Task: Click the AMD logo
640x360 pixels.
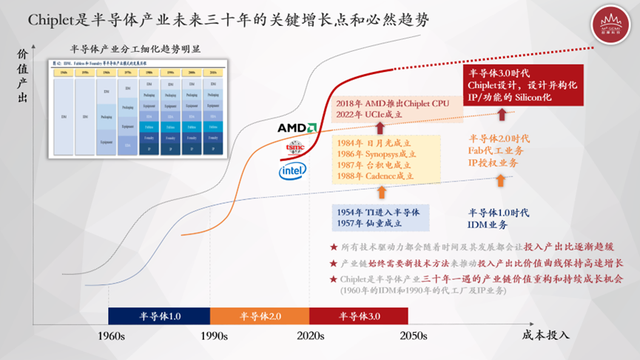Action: coord(297,128)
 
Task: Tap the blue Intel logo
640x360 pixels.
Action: coord(291,172)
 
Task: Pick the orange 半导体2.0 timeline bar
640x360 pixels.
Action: coord(259,317)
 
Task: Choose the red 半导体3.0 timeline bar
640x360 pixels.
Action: coord(360,317)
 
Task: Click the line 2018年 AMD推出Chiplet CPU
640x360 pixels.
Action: coord(394,103)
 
